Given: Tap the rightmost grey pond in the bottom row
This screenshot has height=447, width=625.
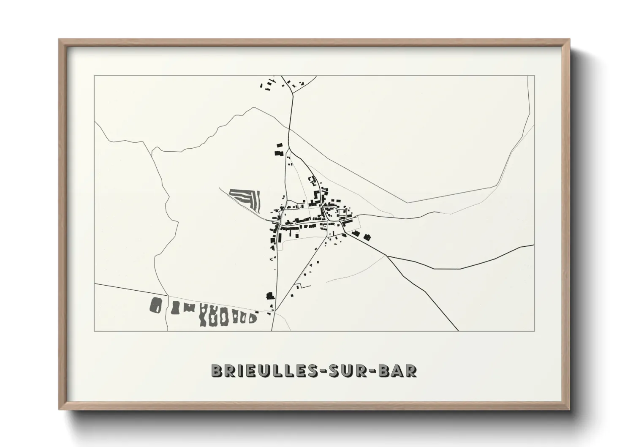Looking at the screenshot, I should [x=253, y=318].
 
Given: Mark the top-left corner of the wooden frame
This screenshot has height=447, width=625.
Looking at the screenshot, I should [x=59, y=40].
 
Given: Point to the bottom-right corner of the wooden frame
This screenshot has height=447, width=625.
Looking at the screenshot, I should [x=570, y=410].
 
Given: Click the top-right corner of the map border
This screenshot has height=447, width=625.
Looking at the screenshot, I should [x=535, y=76].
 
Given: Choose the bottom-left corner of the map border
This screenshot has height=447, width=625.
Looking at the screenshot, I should [x=95, y=331].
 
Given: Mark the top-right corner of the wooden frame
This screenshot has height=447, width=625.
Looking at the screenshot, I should [x=570, y=40].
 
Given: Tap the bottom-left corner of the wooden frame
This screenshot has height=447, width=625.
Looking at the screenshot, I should [x=59, y=410].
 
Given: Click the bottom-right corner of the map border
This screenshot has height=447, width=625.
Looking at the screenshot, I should [x=535, y=331].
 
